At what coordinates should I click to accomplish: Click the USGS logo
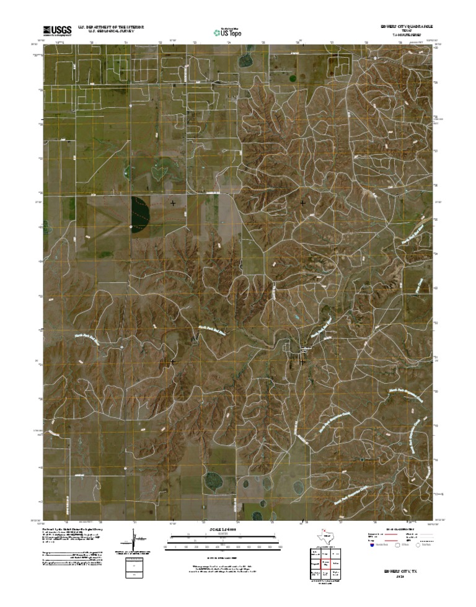[57, 30]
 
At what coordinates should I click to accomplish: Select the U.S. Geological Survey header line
[110, 32]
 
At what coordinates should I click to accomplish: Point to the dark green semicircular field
[141, 213]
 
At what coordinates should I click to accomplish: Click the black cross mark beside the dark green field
[173, 203]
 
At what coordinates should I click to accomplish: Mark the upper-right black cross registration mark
[303, 203]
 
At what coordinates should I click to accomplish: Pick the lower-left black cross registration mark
[173, 360]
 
